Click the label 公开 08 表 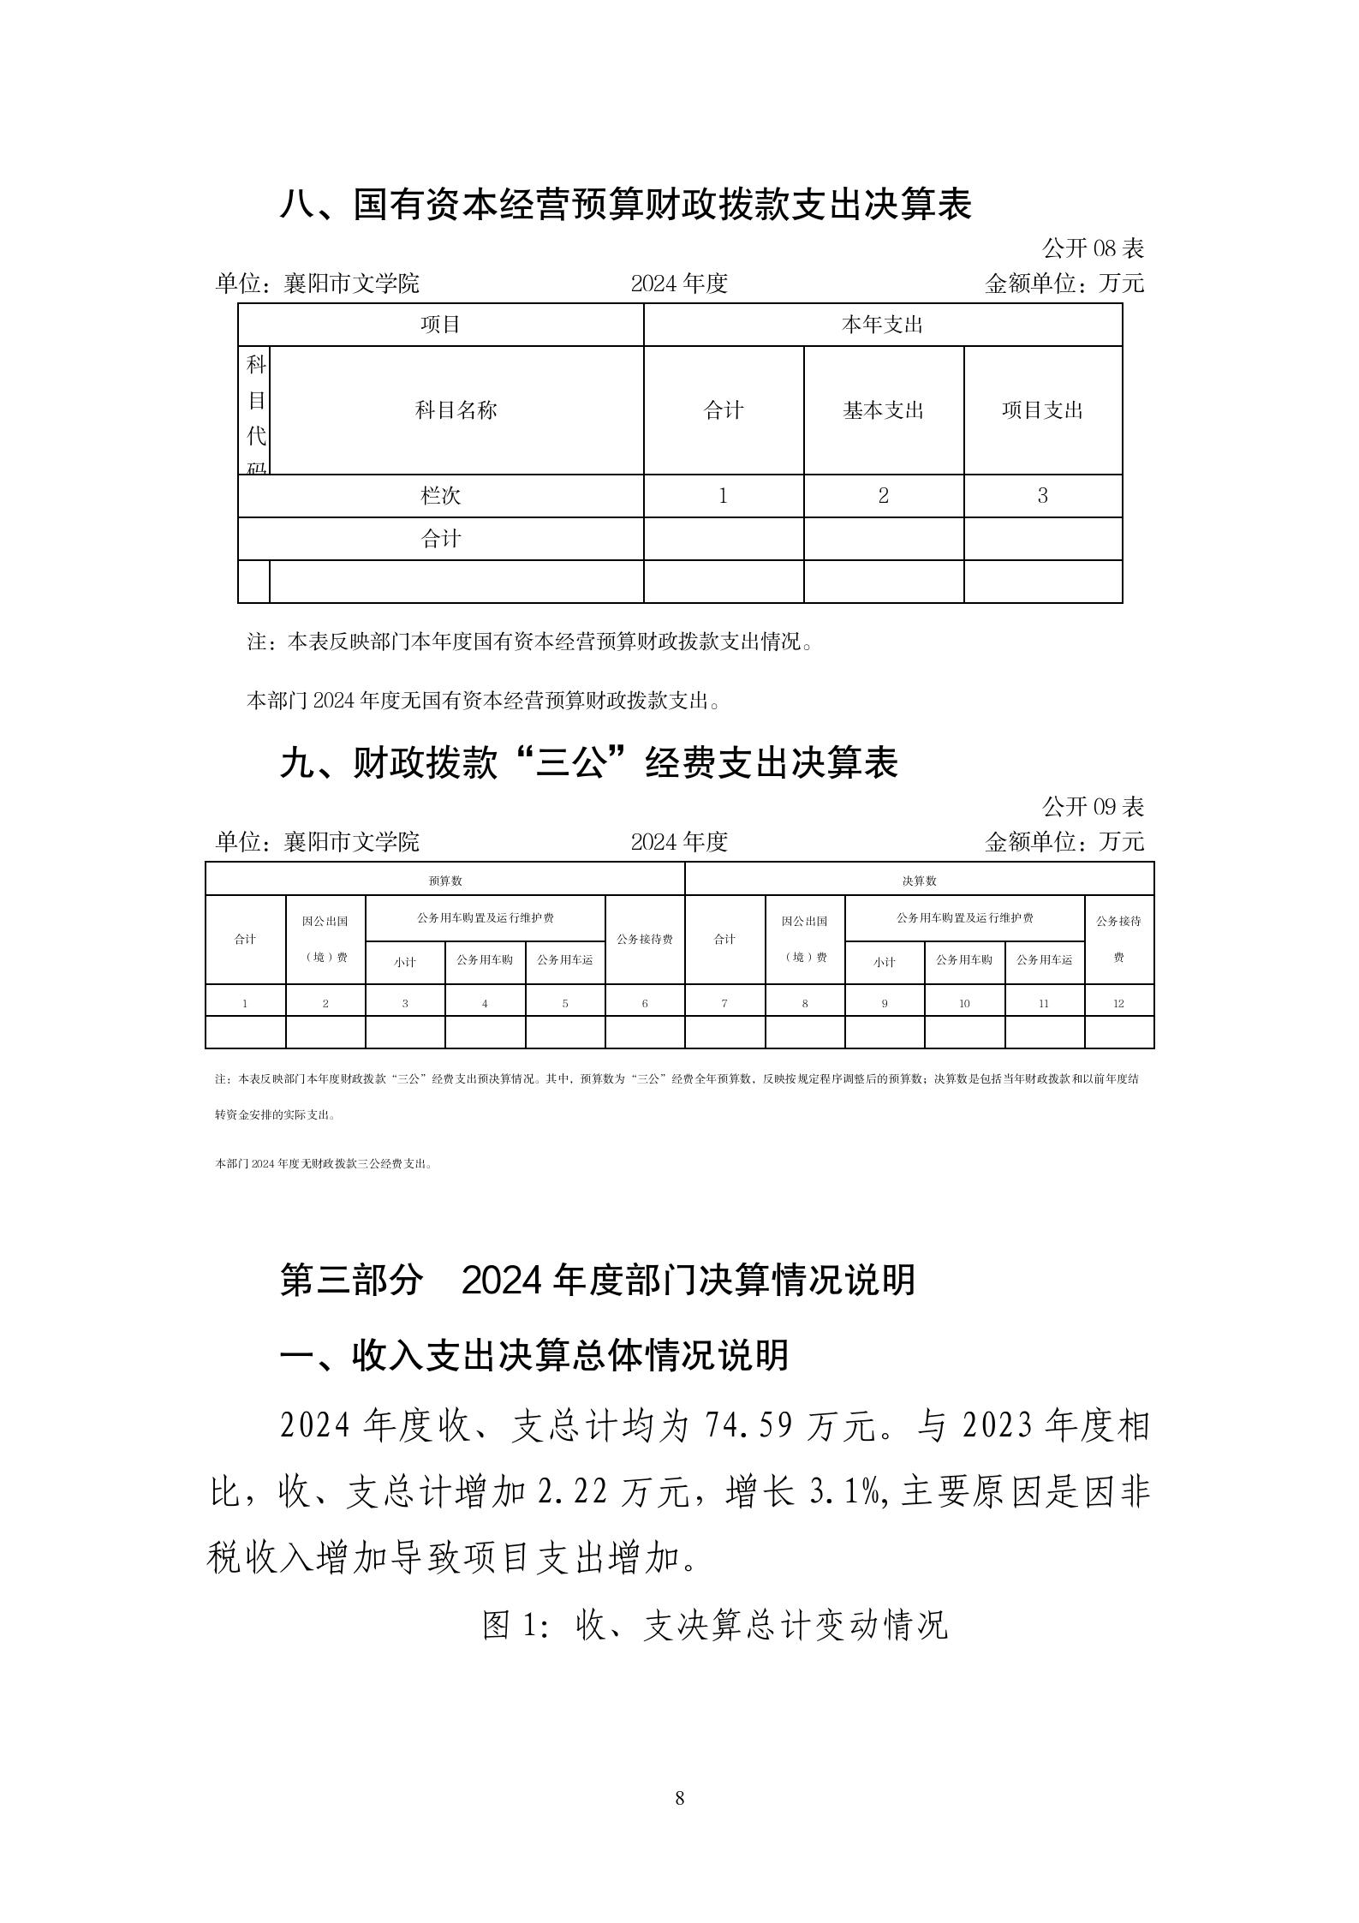[1093, 249]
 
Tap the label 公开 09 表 [1093, 807]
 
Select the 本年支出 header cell [882, 325]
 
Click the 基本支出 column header [883, 410]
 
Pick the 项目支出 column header [1042, 410]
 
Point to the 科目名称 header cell [456, 410]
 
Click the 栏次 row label [440, 496]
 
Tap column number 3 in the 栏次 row [1042, 496]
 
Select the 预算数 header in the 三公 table [445, 881]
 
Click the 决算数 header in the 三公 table [919, 881]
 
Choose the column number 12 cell [1118, 1003]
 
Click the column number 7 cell [724, 1003]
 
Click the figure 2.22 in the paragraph [573, 1493]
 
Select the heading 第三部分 [352, 1280]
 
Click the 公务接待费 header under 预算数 [645, 939]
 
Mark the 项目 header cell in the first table [440, 325]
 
